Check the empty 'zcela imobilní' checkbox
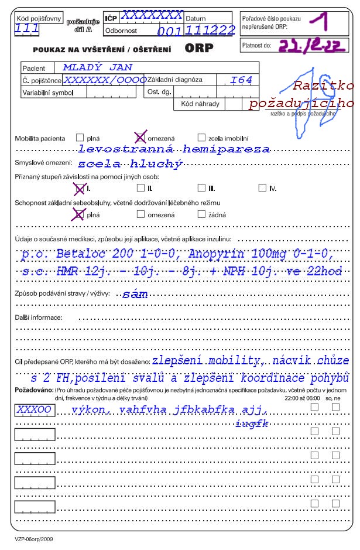[201, 138]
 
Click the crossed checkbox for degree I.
[79, 188]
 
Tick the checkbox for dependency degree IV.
[262, 188]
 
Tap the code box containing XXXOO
[34, 410]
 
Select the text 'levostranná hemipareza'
[174, 149]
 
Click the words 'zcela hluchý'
[130, 163]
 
